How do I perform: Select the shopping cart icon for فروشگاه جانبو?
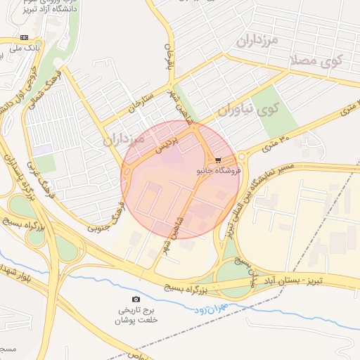(x=218, y=160)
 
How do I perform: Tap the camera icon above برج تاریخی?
(x=136, y=300)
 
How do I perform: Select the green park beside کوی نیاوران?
(x=278, y=113)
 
